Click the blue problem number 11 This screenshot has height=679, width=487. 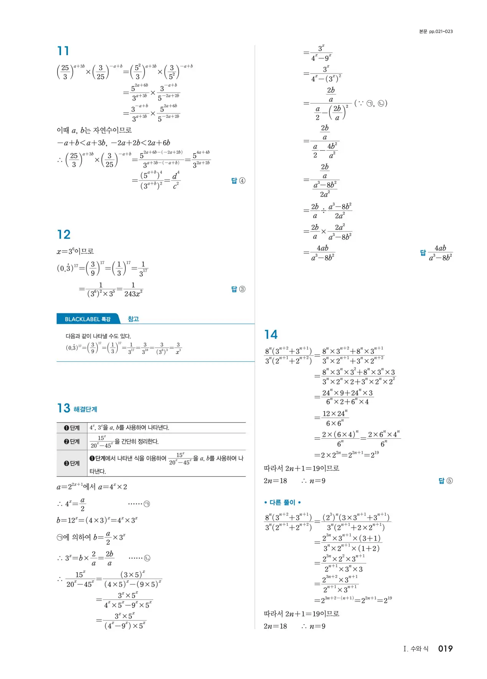pos(63,51)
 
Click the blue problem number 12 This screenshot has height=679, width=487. pos(64,235)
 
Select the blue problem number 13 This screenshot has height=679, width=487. pos(64,408)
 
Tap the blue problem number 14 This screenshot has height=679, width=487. pos(271,335)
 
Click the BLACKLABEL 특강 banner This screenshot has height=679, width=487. pos(88,319)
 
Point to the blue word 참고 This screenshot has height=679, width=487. pos(133,319)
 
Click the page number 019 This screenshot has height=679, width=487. pos(445,649)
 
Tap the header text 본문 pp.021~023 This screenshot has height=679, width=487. pos(436,31)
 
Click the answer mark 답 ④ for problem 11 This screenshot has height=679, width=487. pos(238,181)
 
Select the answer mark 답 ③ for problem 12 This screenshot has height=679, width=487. pos(238,289)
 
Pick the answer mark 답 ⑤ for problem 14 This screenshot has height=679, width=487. pos(445,481)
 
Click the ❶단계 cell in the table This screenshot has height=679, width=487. pos(72,428)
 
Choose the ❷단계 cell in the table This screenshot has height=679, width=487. pos(72,442)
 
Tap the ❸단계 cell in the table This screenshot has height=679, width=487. pos(72,463)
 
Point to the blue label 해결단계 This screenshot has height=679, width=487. pos(85,410)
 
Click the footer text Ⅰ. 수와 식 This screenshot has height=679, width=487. pos(416,649)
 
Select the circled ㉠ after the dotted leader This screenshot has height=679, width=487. pos(146,504)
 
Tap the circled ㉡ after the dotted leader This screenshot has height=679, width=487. pos(147,558)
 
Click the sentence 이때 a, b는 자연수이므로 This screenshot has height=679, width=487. pos(94,130)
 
